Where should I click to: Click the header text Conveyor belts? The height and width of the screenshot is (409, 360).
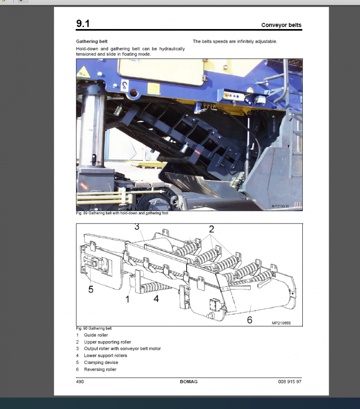[281, 25]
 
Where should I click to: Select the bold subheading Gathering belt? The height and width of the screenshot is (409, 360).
[92, 42]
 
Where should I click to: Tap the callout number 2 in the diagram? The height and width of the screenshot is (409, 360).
[211, 229]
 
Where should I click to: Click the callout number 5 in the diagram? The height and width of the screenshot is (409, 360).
[91, 290]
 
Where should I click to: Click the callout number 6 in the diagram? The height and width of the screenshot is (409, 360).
[249, 320]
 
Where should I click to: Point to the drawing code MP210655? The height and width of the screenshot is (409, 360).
[281, 323]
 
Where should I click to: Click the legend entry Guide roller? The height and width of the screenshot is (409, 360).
[96, 335]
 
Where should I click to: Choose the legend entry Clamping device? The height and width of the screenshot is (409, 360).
[101, 363]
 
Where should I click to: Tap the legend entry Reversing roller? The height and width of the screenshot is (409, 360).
[100, 370]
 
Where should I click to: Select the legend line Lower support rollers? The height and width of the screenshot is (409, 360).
[105, 356]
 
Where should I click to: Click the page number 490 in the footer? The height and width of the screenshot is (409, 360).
[80, 382]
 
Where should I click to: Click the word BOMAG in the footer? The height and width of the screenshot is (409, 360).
[188, 382]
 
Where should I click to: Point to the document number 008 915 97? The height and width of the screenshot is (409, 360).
[290, 382]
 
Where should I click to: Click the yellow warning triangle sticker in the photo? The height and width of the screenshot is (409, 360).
[83, 71]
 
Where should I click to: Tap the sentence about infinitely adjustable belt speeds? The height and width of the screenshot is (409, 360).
[235, 42]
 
